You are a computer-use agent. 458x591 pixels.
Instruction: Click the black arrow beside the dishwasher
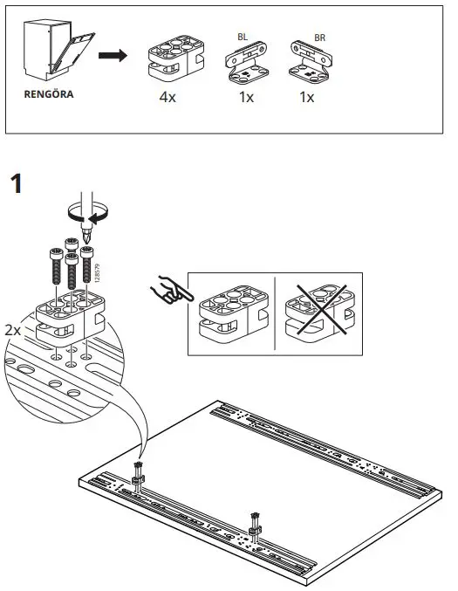(x=110, y=58)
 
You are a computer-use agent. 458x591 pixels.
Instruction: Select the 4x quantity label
(x=167, y=98)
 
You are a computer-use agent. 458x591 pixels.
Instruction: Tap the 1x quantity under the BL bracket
(x=246, y=98)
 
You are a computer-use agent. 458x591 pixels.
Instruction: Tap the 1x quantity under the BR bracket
(x=307, y=98)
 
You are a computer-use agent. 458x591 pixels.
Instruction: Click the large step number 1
(x=17, y=185)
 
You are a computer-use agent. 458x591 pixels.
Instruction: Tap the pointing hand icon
(x=167, y=291)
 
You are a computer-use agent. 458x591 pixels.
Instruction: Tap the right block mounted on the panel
(x=255, y=523)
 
